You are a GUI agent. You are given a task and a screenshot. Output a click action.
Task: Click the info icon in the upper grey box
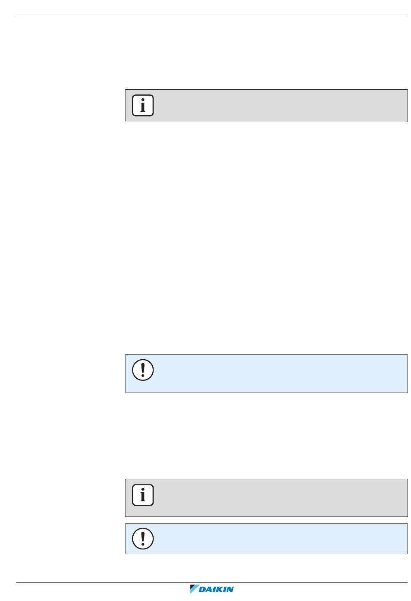pyautogui.click(x=143, y=105)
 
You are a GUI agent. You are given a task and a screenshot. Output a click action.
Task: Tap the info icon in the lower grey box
pyautogui.click(x=143, y=495)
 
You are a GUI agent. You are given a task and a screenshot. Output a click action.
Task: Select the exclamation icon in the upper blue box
pyautogui.click(x=143, y=370)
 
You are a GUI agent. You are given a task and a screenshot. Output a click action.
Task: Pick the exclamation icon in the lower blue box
pyautogui.click(x=143, y=539)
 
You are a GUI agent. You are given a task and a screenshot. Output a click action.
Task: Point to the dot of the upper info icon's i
pyautogui.click(x=143, y=100)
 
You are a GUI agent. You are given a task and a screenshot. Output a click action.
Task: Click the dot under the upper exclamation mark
pyautogui.click(x=143, y=375)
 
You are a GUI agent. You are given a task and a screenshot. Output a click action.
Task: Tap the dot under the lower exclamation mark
pyautogui.click(x=143, y=544)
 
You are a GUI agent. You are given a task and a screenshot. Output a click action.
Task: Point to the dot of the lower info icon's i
pyautogui.click(x=143, y=490)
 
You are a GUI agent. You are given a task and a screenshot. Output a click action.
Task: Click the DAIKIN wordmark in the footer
pyautogui.click(x=216, y=589)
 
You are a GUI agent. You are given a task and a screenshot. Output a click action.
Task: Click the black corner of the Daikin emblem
pyautogui.click(x=192, y=586)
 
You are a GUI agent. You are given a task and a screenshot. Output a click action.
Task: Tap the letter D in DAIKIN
pyautogui.click(x=202, y=589)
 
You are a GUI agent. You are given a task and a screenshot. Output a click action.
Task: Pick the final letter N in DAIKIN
pyautogui.click(x=230, y=589)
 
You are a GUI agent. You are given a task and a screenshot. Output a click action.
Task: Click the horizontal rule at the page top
pyautogui.click(x=212, y=14)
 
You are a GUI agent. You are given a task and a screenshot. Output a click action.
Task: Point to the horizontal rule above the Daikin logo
pyautogui.click(x=212, y=582)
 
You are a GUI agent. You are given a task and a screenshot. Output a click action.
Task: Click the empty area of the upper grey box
pyautogui.click(x=279, y=106)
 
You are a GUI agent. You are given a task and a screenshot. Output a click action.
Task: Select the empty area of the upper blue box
pyautogui.click(x=279, y=374)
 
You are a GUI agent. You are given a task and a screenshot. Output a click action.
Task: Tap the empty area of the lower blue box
pyautogui.click(x=279, y=539)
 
